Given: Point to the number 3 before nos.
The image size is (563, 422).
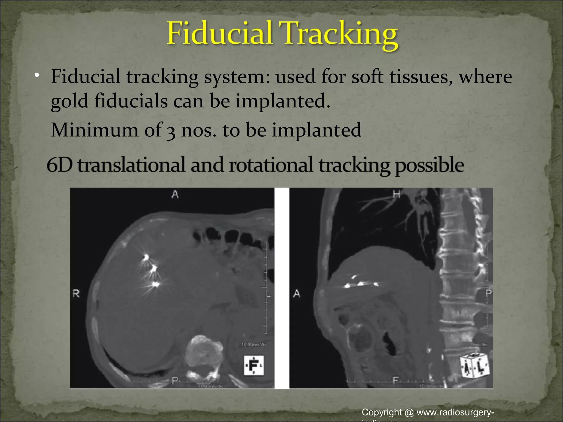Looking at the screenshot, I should point(171,131).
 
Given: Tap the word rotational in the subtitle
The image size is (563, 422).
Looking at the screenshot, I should point(271,165).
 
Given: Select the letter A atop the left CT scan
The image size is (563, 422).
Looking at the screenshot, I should point(175,195).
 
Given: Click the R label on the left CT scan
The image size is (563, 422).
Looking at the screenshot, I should point(76,294).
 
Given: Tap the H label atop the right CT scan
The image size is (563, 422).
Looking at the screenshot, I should point(396,195).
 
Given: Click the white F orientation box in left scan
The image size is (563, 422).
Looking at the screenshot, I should point(254,365).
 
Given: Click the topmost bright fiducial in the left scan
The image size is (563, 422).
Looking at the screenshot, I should point(146,257).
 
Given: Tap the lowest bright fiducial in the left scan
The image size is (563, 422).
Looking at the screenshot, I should point(155,284).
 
